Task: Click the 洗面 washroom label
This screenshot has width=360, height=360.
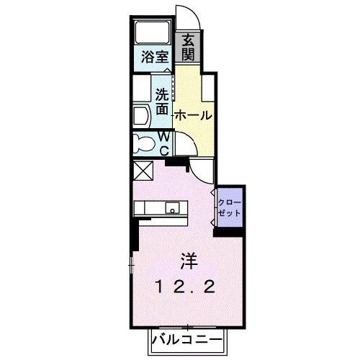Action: (162, 101)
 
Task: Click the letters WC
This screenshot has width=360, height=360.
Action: (164, 143)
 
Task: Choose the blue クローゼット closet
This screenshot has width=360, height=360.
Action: (230, 208)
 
